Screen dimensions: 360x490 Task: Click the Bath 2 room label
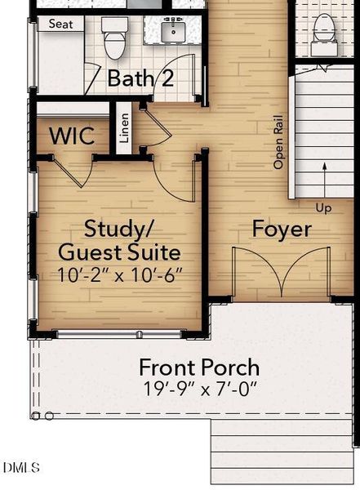click(140, 78)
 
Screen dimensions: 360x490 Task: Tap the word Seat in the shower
click(61, 24)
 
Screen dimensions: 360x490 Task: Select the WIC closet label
click(72, 136)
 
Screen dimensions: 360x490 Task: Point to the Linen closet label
click(124, 128)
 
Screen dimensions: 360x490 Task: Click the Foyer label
click(282, 229)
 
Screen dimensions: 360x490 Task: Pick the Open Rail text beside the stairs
click(278, 142)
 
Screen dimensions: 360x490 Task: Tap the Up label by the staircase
click(323, 208)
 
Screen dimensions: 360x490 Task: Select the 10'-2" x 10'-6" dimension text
click(120, 275)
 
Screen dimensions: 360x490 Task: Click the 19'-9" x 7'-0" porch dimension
click(200, 389)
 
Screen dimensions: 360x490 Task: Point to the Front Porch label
click(199, 367)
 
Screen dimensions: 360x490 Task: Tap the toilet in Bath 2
click(114, 38)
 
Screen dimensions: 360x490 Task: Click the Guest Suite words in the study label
click(119, 252)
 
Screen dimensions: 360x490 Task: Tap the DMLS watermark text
click(21, 467)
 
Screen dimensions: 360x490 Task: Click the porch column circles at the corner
click(42, 416)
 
